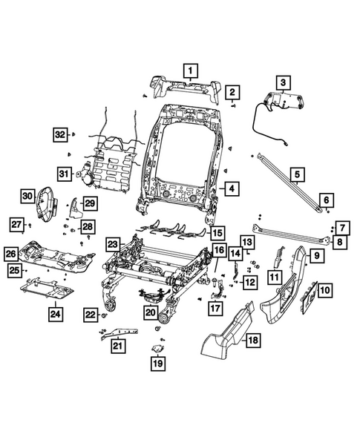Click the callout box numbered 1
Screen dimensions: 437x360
click(x=191, y=72)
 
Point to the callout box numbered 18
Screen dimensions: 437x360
click(x=253, y=341)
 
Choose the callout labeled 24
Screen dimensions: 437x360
click(x=56, y=315)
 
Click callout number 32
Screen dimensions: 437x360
click(x=61, y=134)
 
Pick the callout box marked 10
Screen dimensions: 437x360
click(x=326, y=289)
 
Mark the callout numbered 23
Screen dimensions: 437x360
click(x=112, y=244)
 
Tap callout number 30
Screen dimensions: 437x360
click(x=27, y=196)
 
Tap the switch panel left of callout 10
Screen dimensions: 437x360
click(x=307, y=294)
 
